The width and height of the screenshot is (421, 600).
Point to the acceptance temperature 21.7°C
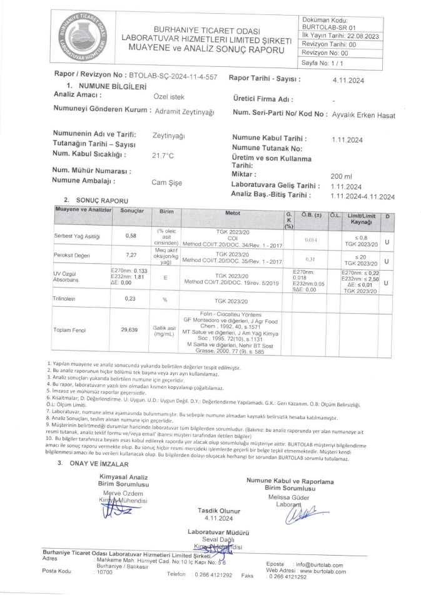click(163, 156)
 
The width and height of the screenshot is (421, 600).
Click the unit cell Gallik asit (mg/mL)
click(166, 330)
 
